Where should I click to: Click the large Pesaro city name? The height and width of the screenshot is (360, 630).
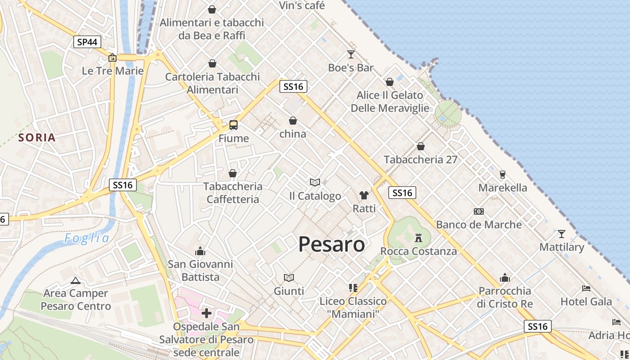pos(332,244)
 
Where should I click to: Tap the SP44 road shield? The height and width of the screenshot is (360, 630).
pos(87,42)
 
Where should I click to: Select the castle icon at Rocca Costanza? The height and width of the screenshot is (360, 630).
pos(418,237)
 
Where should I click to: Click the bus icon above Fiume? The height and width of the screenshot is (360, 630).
pos(233,125)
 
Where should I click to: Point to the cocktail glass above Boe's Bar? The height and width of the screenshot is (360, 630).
pos(351,54)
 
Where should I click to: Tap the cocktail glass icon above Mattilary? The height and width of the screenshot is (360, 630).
pos(561,234)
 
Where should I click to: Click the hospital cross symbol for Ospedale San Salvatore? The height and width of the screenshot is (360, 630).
pos(207,313)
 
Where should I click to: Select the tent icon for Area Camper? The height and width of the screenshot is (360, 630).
pos(76,280)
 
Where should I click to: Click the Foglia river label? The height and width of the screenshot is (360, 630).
pos(86,238)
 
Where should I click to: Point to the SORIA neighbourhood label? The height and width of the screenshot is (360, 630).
pos(37,138)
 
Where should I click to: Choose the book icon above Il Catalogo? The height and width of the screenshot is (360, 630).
pos(315,182)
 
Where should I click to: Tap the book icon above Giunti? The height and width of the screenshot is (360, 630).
pos(289,278)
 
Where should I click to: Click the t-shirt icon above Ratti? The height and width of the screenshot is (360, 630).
pos(364,195)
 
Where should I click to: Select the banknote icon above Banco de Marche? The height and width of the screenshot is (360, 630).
pos(479,211)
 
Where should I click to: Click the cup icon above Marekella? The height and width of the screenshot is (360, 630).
pos(503,174)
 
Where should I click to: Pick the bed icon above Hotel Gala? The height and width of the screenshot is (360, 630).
pos(586,288)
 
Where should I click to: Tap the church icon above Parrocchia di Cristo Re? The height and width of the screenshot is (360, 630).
pos(505,278)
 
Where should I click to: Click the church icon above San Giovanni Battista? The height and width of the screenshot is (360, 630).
pos(200,251)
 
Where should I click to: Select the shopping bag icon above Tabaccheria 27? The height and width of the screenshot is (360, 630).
pos(421,146)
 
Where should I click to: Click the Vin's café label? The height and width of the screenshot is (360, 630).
pos(301,5)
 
